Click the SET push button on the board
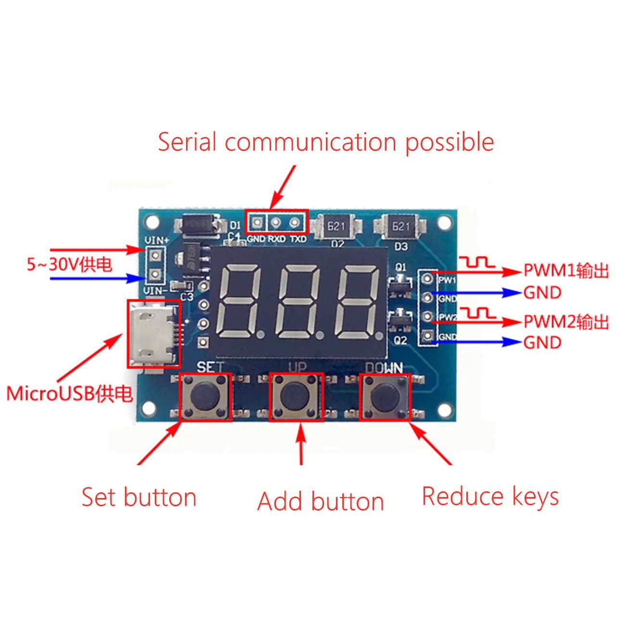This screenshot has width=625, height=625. (205, 397)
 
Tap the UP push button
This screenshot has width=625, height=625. (295, 397)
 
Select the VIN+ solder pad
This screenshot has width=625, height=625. (155, 254)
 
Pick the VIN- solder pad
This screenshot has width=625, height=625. (155, 275)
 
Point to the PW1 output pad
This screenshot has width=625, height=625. (427, 278)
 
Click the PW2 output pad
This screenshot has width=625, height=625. (427, 316)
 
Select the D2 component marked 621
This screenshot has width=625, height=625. (336, 226)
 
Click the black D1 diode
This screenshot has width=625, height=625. (198, 225)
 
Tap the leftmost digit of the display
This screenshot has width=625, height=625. (239, 300)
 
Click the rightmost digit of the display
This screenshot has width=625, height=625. (358, 300)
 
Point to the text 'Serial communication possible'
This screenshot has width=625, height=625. (325, 142)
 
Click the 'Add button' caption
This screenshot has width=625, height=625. (321, 502)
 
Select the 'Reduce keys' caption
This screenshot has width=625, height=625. (490, 497)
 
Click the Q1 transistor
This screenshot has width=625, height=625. (400, 285)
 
